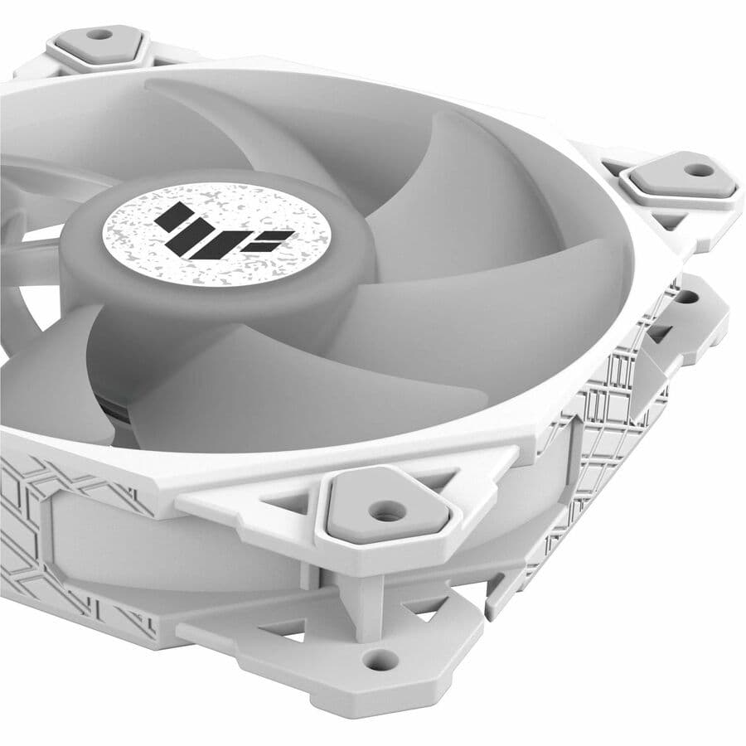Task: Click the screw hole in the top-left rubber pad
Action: (99, 35)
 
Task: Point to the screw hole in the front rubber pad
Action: (382, 511)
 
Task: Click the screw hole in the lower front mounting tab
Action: (380, 660)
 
